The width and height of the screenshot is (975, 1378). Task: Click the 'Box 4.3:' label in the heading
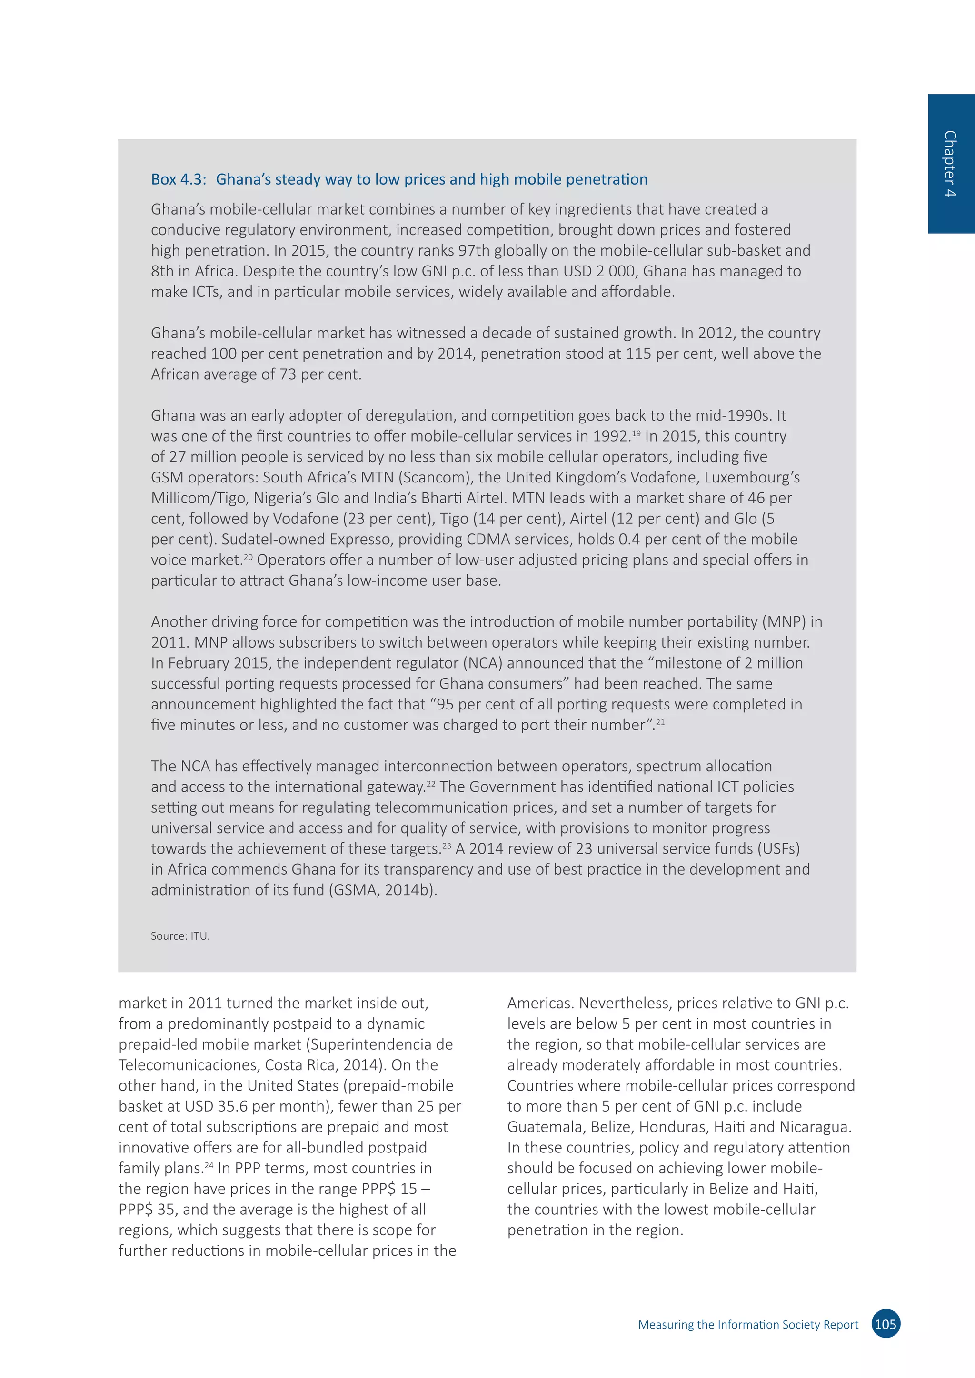coord(179,179)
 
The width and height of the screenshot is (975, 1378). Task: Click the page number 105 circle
coord(885,1324)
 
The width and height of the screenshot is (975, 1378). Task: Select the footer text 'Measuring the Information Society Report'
coord(748,1325)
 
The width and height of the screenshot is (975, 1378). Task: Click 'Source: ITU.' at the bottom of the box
coord(180,935)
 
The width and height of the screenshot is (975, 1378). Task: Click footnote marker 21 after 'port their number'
coord(660,721)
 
